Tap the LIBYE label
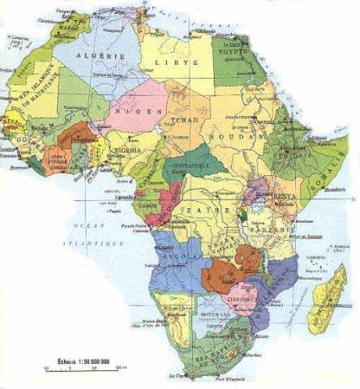point(184,62)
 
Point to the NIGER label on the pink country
point(133,110)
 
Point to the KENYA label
point(285,197)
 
